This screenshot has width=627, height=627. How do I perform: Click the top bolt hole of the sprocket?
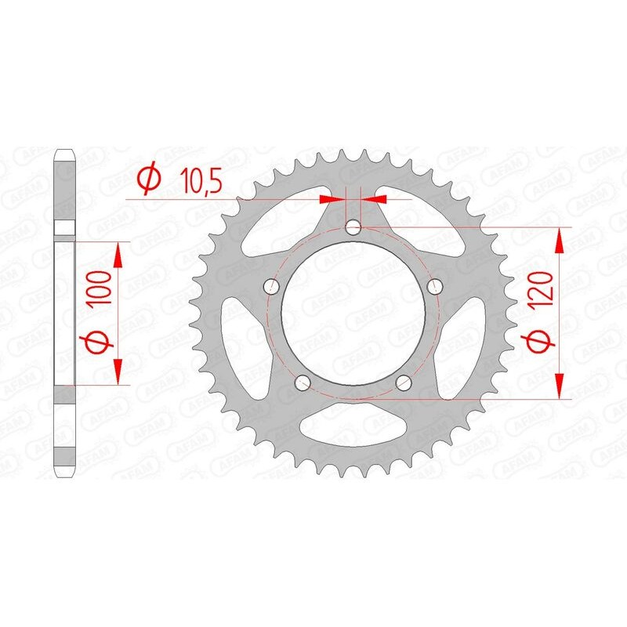353,228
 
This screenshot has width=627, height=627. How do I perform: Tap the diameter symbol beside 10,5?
148,180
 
